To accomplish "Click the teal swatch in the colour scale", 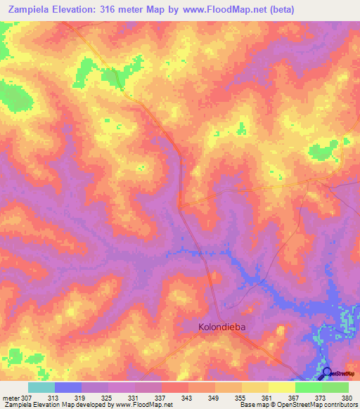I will [x=41, y=387].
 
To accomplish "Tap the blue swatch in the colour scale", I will [x=67, y=387].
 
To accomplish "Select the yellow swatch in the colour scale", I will [x=281, y=387].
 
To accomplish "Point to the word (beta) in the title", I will [x=280, y=10].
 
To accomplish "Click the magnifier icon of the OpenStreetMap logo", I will [x=326, y=372].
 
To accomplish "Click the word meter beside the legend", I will [x=11, y=398].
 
